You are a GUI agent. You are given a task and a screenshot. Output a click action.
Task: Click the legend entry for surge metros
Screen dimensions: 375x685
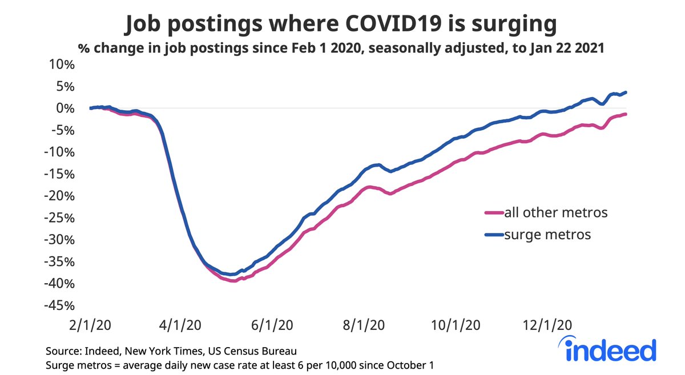tap(547, 234)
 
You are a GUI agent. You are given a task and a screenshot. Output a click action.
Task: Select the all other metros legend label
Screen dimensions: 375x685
tap(555, 213)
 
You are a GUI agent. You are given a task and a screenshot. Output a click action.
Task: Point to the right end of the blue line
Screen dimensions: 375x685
tap(627, 92)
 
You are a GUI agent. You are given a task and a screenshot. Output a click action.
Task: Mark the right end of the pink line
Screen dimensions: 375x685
tap(627, 114)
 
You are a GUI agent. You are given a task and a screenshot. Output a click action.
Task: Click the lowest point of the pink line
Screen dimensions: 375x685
tap(233, 281)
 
